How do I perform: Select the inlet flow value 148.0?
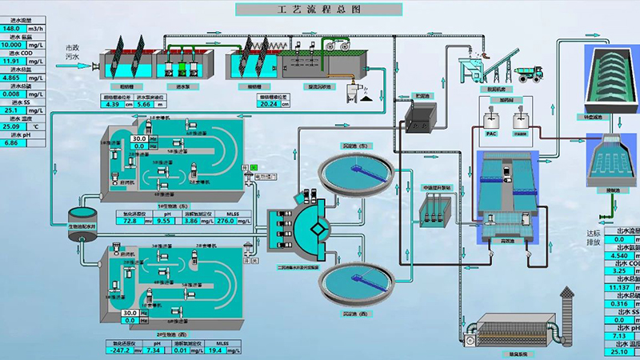(x=16, y=29)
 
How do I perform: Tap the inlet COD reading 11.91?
(x=16, y=60)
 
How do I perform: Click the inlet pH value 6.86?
(x=13, y=142)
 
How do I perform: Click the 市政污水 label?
(x=72, y=52)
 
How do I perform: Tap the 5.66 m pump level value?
(x=144, y=103)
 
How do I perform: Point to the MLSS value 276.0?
(x=230, y=220)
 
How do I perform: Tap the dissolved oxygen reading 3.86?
(x=190, y=220)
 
